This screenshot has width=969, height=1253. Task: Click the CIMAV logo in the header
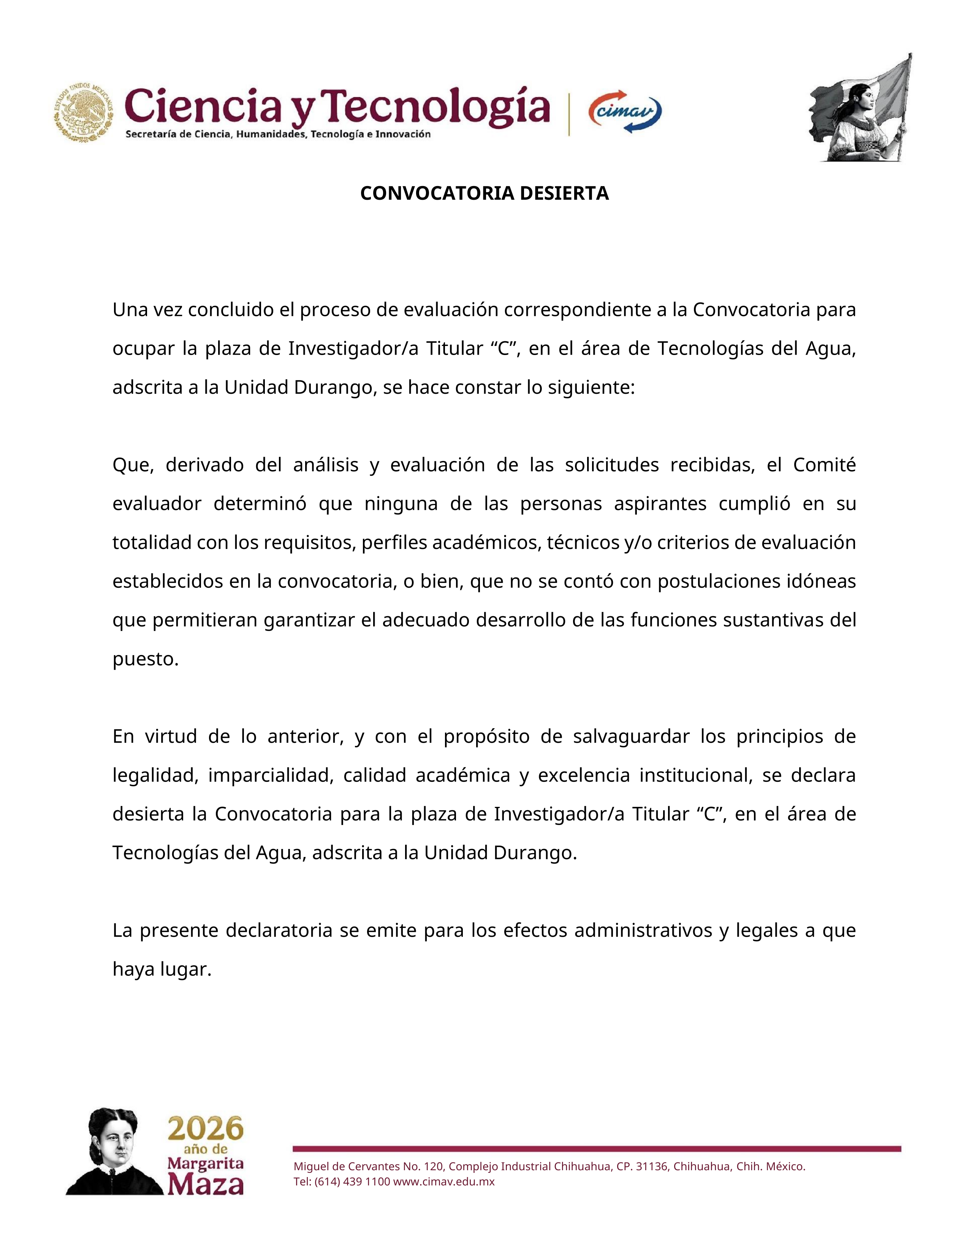625,112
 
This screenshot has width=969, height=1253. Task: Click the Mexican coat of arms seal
84,112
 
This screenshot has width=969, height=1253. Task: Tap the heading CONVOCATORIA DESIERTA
484,193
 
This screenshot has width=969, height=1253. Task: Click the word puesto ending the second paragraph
145,659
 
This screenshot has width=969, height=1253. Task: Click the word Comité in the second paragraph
824,465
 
